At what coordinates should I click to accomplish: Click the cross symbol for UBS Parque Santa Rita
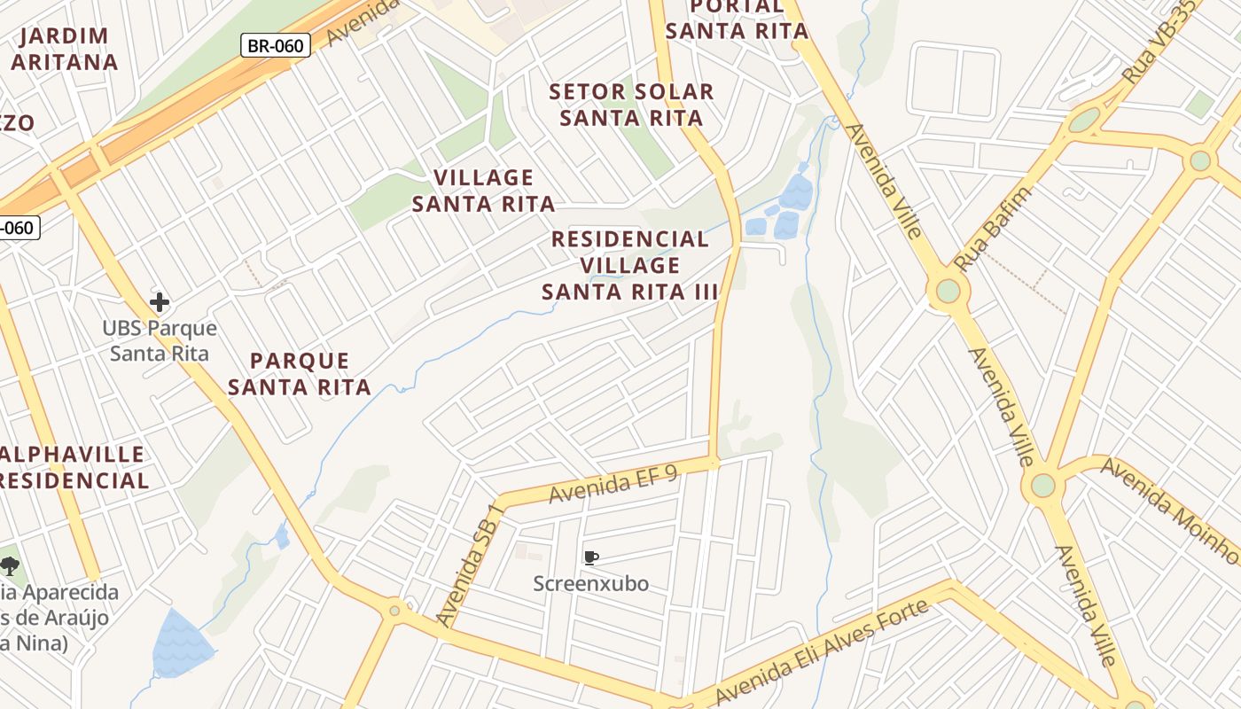tap(160, 302)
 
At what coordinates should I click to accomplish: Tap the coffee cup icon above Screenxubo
tap(591, 557)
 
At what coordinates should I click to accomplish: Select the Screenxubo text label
tap(591, 584)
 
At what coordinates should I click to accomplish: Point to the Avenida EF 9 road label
tap(613, 483)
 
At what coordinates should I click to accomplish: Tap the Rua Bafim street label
tap(993, 228)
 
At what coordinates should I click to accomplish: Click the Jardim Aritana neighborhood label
tap(64, 49)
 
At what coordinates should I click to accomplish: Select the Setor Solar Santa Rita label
tap(631, 105)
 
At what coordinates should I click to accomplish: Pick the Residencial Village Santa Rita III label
tap(630, 265)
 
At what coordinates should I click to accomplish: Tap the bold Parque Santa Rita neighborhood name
tap(300, 374)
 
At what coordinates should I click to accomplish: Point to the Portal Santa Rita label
tap(737, 19)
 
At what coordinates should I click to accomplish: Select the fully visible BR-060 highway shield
tap(276, 45)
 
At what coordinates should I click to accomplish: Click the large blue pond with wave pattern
tap(182, 644)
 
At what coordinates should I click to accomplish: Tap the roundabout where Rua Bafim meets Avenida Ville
tap(948, 290)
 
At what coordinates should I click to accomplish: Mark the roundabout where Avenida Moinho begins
tap(1043, 486)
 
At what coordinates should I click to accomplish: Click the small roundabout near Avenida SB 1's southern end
tap(394, 610)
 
